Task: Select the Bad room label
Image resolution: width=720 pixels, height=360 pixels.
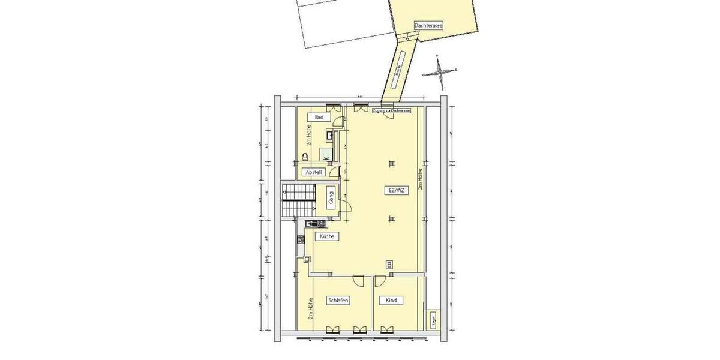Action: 319,117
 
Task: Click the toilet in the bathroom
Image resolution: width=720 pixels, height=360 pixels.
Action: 305,157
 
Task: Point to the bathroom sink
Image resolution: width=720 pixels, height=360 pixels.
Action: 329,134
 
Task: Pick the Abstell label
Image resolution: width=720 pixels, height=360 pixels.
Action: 314,172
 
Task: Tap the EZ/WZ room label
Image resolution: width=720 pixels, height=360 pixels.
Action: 395,191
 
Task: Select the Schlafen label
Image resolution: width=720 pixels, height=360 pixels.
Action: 338,300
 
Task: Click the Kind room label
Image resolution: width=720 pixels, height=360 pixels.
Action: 391,300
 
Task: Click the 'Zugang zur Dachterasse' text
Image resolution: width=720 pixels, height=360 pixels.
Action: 391,112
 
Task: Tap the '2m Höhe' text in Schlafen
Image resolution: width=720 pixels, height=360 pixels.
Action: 310,313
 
